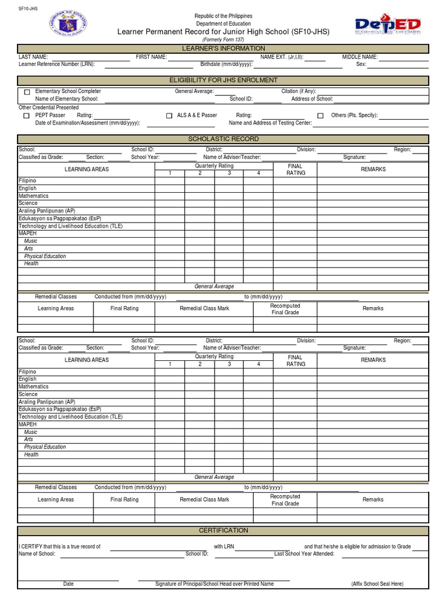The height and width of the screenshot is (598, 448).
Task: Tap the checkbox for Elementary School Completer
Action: point(27,92)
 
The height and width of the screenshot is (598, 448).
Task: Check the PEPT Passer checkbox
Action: point(27,116)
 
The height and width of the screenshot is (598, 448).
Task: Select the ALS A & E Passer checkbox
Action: point(169,116)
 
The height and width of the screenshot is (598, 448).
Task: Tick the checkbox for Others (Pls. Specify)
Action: point(320,116)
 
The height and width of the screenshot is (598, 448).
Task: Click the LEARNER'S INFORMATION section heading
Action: point(223,48)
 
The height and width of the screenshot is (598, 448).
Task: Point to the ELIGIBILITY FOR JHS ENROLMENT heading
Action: point(223,80)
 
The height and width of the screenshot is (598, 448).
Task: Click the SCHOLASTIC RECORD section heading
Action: point(223,139)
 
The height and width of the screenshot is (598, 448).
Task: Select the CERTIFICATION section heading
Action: point(223,530)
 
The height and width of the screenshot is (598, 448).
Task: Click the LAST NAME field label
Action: point(33,57)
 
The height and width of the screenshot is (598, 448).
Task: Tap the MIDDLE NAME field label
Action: point(360,57)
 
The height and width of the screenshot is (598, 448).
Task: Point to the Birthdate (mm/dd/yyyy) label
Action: point(226,64)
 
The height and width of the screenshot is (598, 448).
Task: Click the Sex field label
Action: point(361,64)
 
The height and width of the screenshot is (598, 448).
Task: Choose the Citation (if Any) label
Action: point(299,92)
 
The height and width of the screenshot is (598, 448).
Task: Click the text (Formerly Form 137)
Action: point(223,39)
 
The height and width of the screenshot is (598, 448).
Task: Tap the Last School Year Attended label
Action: point(304,554)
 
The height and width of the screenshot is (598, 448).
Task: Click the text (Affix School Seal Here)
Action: point(377,584)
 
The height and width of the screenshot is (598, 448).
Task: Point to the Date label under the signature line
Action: point(69,584)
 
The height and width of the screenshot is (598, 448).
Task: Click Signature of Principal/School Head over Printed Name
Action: point(214,584)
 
